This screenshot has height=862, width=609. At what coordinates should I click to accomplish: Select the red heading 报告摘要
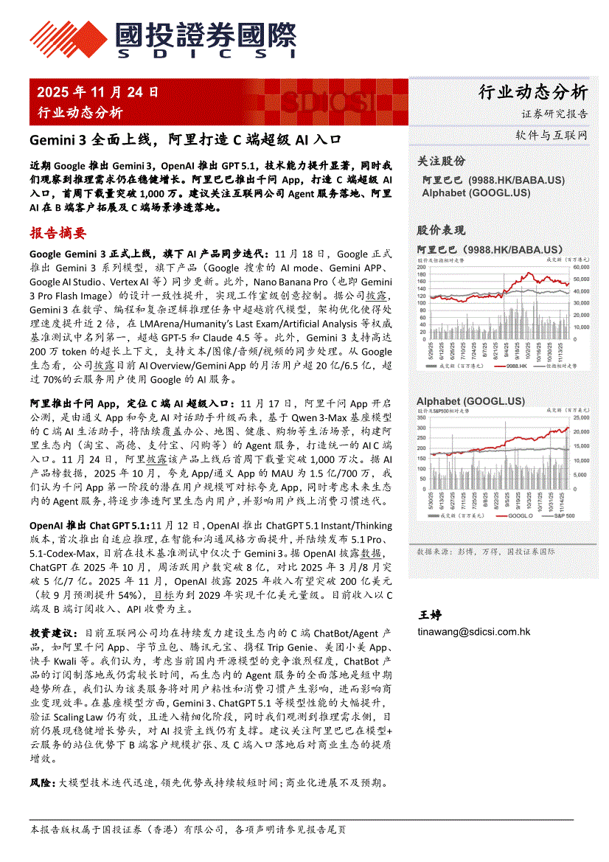pos(58,234)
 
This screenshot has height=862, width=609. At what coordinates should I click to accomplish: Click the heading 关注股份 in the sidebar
pos(441,161)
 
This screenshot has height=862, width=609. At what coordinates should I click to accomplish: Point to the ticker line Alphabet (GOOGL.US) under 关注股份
pos(476,192)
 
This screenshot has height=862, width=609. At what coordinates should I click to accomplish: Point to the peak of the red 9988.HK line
pos(528,274)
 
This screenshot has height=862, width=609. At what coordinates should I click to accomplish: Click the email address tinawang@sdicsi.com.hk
pos(473,632)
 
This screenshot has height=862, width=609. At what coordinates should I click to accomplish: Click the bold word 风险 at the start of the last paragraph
pos(40,782)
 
